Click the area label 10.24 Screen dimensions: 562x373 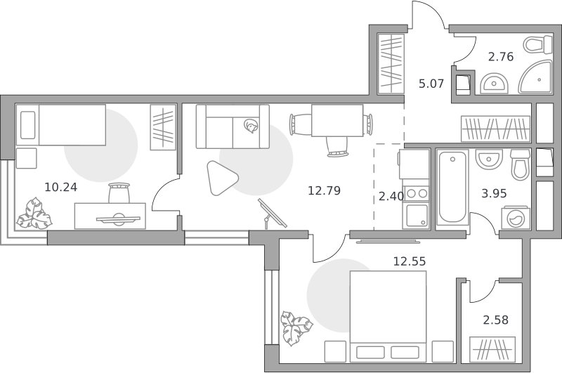(x=61, y=187)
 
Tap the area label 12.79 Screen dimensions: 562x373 (x=325, y=190)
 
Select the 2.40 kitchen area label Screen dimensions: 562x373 (x=391, y=197)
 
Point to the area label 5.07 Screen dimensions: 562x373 (x=431, y=84)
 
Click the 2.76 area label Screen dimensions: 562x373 (x=501, y=57)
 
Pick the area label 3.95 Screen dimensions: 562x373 (x=495, y=193)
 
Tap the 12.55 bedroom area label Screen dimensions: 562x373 (x=410, y=261)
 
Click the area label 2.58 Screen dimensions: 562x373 (x=496, y=320)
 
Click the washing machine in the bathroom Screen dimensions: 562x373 (x=516, y=218)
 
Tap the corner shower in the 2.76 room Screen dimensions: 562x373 (x=535, y=77)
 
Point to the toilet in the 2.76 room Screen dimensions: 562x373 (x=537, y=45)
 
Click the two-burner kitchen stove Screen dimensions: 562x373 (x=417, y=194)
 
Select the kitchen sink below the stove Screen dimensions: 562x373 (x=417, y=215)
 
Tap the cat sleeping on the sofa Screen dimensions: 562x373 (x=251, y=126)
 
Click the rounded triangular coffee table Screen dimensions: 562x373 (x=221, y=178)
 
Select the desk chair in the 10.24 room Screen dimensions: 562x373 (x=119, y=192)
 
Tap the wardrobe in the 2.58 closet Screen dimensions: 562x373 (x=492, y=348)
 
